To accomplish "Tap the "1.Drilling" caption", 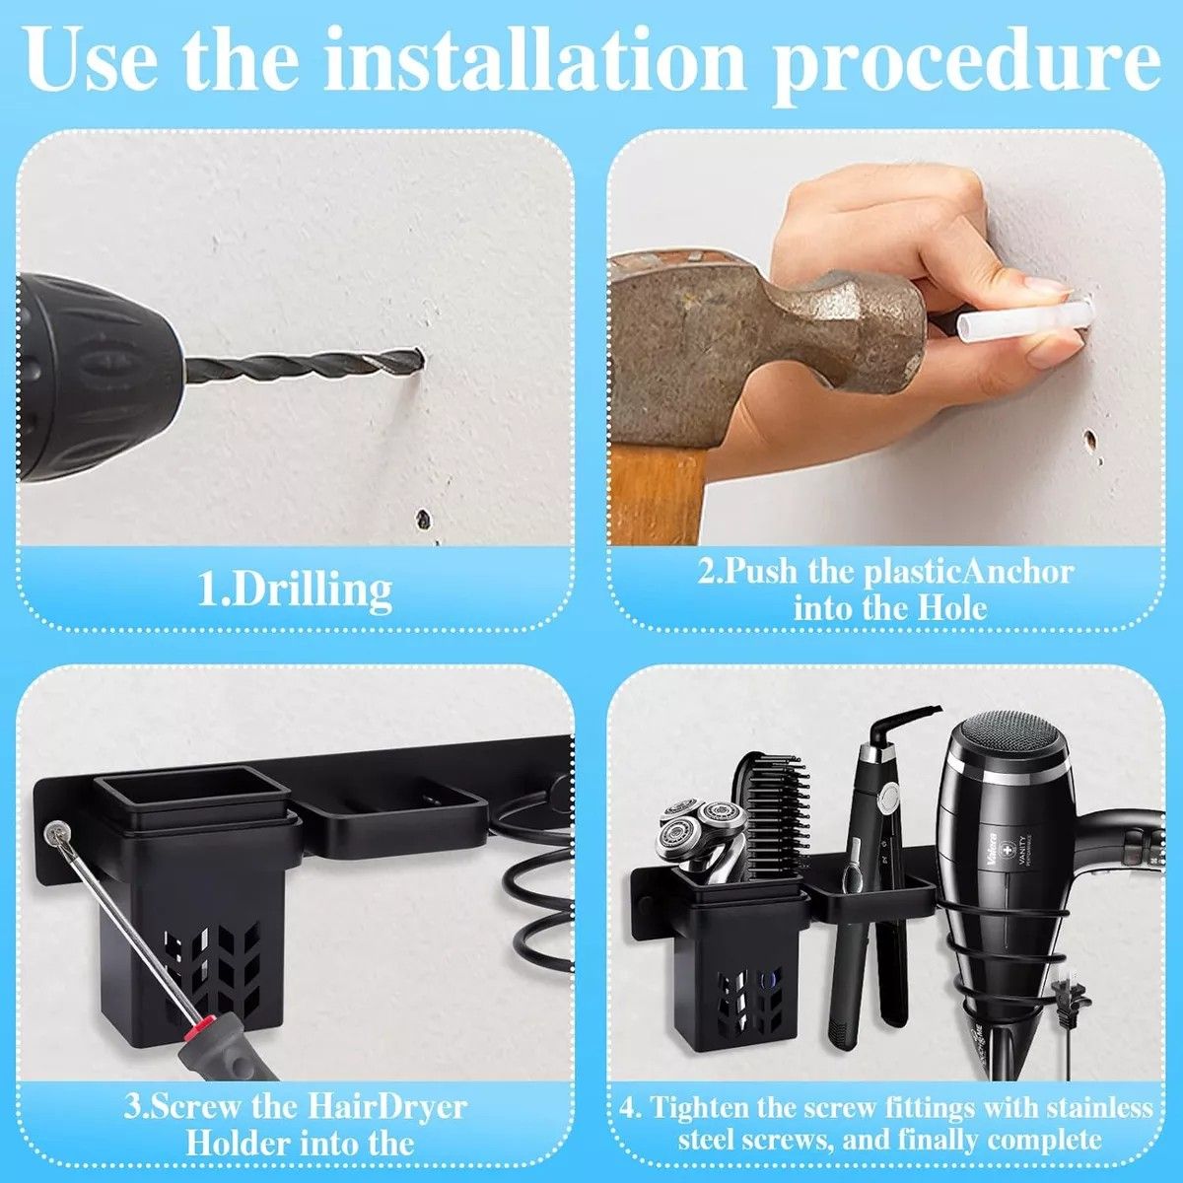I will point(294,591).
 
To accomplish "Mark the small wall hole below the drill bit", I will point(424,520).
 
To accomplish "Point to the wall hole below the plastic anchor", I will point(1091,441).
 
